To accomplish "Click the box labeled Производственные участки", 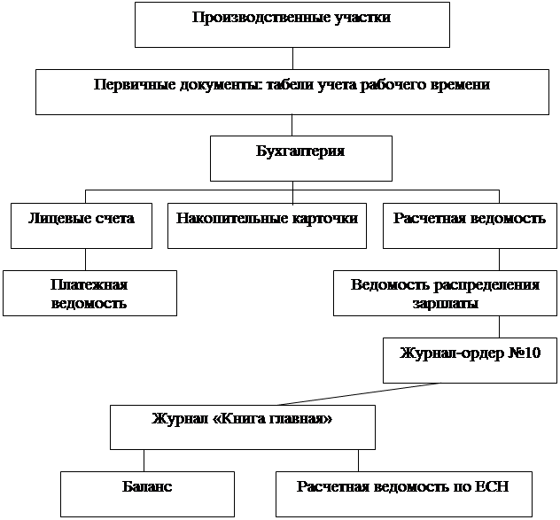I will [x=292, y=24].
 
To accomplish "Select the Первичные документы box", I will [x=292, y=92].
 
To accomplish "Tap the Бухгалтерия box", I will [x=300, y=158].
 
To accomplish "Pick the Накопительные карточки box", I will [x=267, y=226].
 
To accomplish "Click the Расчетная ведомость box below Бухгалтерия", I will [x=470, y=226].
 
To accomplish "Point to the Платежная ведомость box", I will [x=89, y=293].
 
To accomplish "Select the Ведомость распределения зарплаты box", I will [x=445, y=293].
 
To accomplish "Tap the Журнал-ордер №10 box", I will [x=470, y=360].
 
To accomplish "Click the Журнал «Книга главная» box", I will [x=242, y=427].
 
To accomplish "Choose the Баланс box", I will [x=147, y=493].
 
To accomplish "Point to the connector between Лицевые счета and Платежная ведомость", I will [x=85, y=260].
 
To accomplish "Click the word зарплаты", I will [x=445, y=303].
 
